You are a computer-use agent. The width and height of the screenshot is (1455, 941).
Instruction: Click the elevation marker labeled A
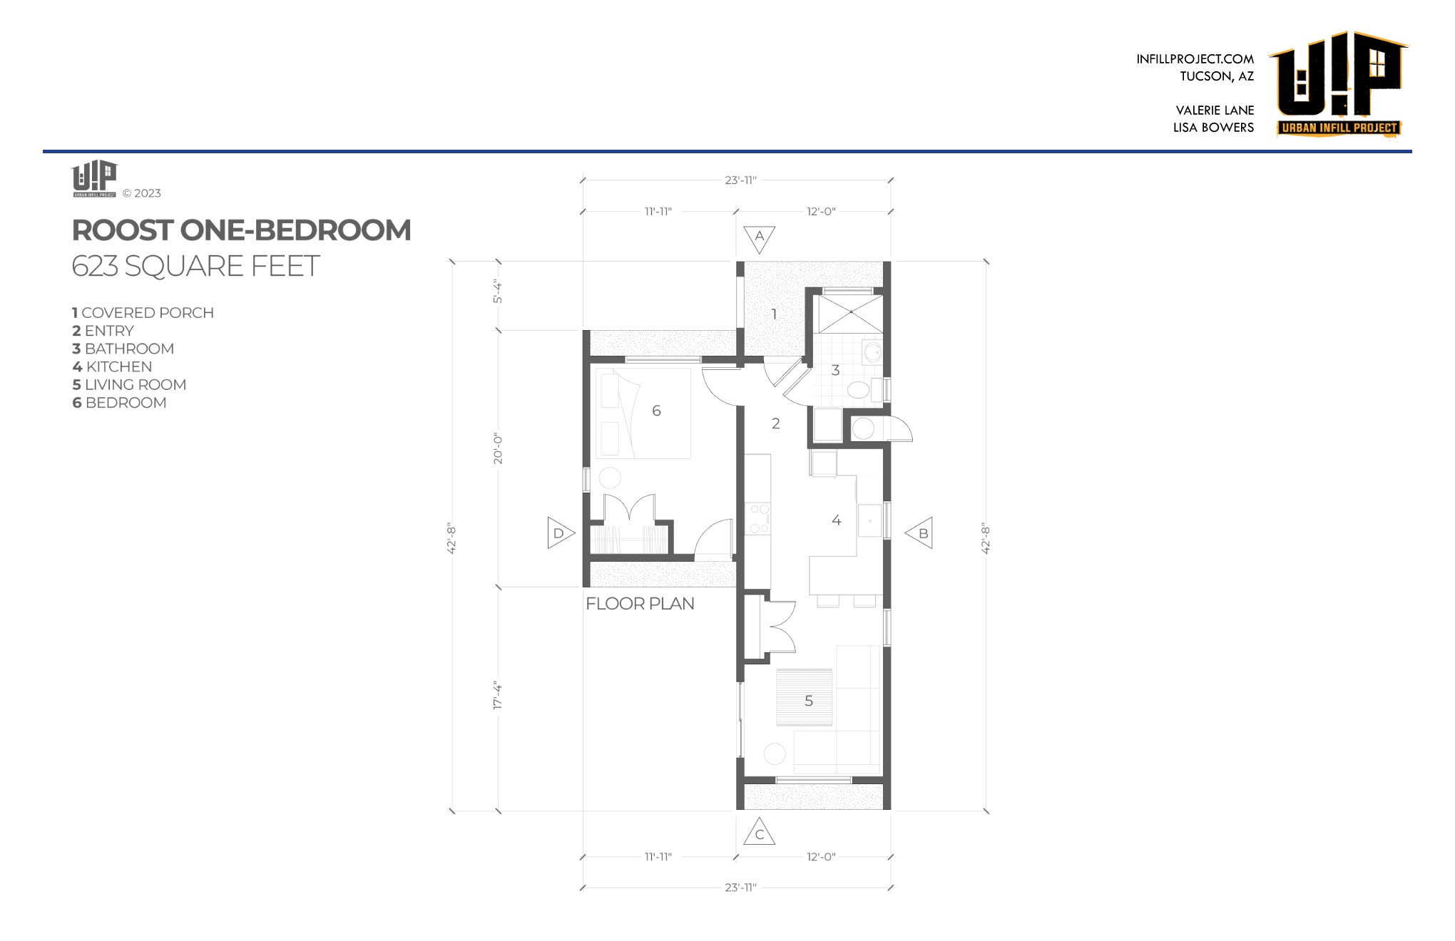[x=760, y=239]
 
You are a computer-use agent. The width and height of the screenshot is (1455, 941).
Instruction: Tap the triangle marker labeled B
[x=920, y=533]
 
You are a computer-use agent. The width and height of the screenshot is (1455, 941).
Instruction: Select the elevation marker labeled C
[x=760, y=833]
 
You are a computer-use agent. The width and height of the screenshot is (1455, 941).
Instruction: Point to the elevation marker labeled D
[x=560, y=533]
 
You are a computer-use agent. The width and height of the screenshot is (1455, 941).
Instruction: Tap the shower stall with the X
[x=850, y=314]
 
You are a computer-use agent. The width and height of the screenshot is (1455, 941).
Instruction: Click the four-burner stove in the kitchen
[x=757, y=518]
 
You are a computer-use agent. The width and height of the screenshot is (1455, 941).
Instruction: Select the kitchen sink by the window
[x=870, y=520]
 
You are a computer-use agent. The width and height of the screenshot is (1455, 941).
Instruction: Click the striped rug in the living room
[x=805, y=697]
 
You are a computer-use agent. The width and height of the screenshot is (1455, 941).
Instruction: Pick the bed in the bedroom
[x=643, y=413]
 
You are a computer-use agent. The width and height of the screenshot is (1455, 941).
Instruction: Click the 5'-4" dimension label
[x=497, y=292]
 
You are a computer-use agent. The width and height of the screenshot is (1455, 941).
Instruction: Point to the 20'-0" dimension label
[x=497, y=449]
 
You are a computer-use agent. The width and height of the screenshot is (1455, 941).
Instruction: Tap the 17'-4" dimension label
[x=497, y=696]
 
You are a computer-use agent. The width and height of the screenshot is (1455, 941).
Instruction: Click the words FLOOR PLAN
[x=640, y=604]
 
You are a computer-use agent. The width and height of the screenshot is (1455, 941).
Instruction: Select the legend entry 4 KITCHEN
[x=112, y=366]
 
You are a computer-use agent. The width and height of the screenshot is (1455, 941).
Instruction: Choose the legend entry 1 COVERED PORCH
[x=143, y=313]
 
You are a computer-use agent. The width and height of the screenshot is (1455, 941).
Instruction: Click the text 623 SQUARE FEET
[x=195, y=266]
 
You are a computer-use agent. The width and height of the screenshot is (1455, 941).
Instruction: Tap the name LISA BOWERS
[x=1213, y=128]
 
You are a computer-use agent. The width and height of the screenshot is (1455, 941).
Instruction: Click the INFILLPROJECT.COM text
[x=1195, y=59]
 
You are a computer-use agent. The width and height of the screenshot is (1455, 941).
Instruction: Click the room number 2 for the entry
[x=776, y=423]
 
